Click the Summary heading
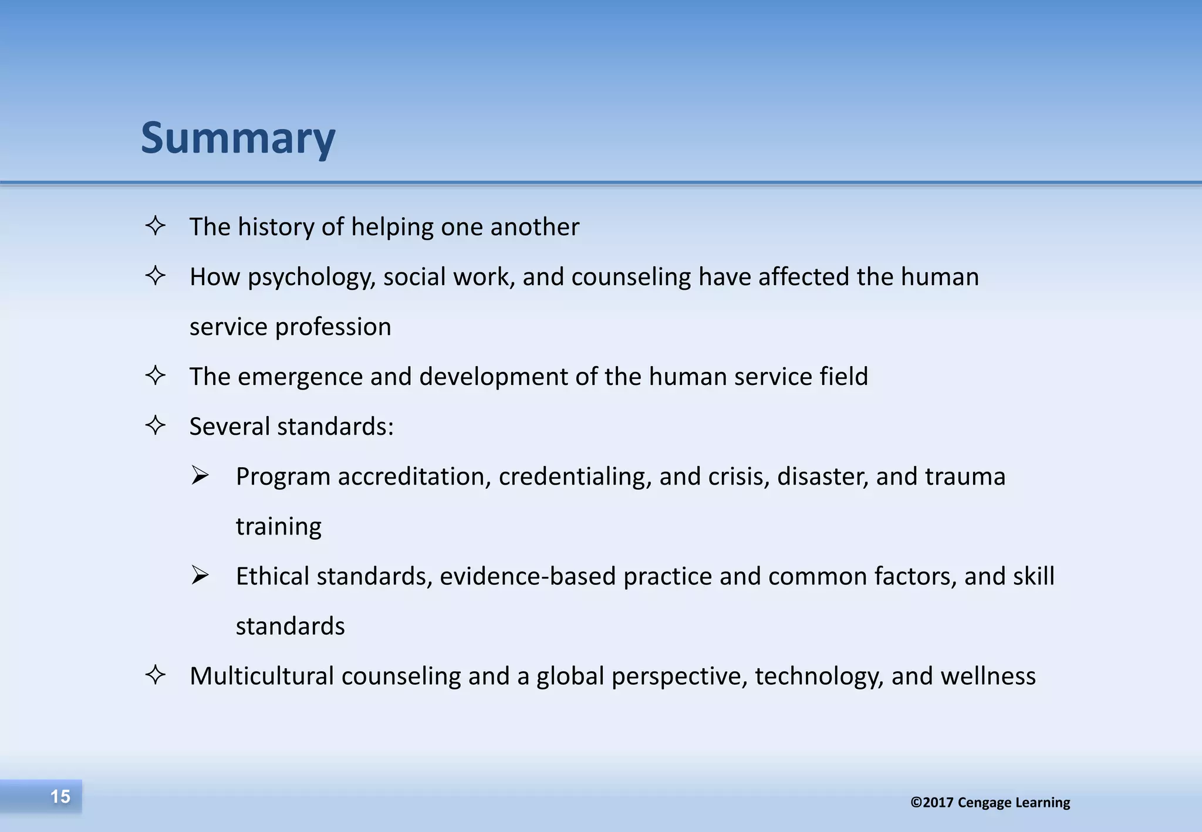pos(238,138)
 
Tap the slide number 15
pos(60,796)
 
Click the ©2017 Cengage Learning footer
pos(990,802)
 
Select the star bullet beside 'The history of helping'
pos(156,226)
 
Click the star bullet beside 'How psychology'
pos(156,276)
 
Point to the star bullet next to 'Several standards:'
pos(156,425)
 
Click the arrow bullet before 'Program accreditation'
pos(200,475)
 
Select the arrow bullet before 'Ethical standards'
pos(200,575)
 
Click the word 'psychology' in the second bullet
pos(311,278)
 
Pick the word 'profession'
pos(333,327)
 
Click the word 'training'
pos(279,527)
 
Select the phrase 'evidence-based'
pos(528,576)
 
